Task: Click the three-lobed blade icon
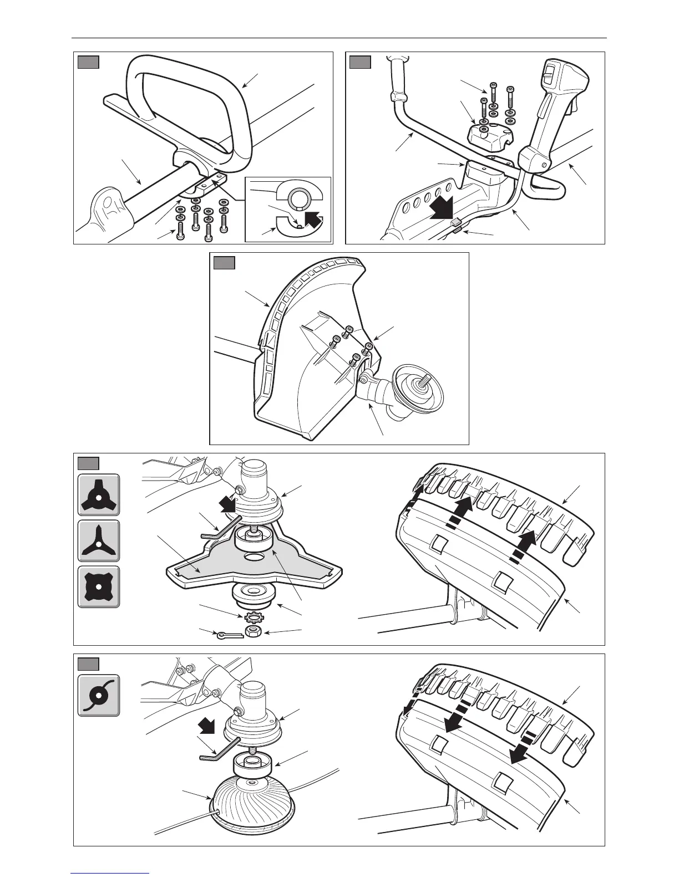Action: tap(98, 494)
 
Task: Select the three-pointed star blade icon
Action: tap(98, 541)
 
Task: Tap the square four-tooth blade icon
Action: tap(98, 587)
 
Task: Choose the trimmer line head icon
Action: tap(98, 695)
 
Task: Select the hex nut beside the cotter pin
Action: tap(253, 633)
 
